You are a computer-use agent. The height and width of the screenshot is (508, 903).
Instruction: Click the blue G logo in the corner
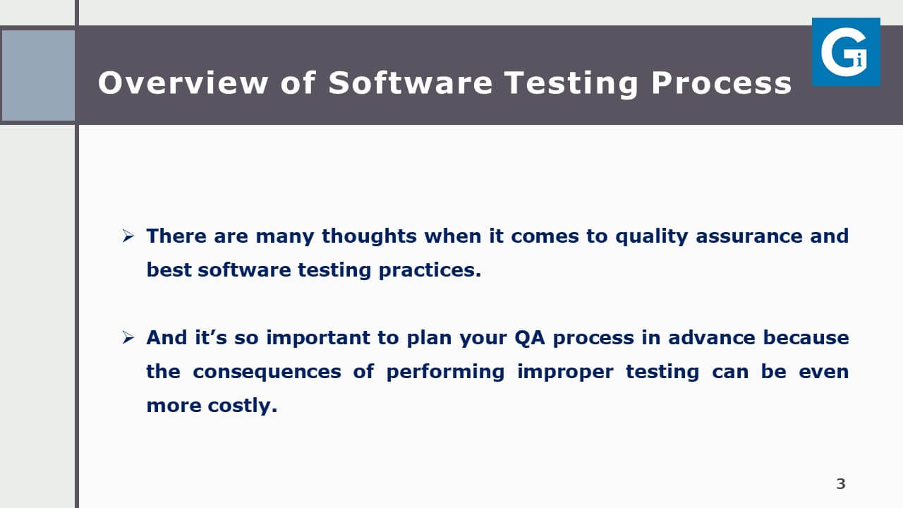pyautogui.click(x=846, y=52)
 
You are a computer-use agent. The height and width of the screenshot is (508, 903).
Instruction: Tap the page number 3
pyautogui.click(x=840, y=483)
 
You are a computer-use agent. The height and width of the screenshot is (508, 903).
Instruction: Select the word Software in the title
pyautogui.click(x=410, y=83)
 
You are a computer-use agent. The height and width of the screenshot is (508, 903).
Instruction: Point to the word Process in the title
pyautogui.click(x=721, y=83)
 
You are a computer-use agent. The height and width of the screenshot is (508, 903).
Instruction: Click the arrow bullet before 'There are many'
pyautogui.click(x=128, y=236)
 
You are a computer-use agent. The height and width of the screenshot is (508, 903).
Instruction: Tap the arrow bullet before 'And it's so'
pyautogui.click(x=128, y=337)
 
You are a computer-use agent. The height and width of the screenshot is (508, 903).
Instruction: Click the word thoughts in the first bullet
pyautogui.click(x=369, y=236)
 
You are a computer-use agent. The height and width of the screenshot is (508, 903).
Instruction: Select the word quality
pyautogui.click(x=651, y=236)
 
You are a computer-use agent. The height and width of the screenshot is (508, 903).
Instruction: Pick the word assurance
pyautogui.click(x=749, y=236)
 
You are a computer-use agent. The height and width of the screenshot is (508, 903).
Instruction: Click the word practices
pyautogui.click(x=430, y=270)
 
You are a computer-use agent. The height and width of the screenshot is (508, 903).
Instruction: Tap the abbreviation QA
pyautogui.click(x=530, y=338)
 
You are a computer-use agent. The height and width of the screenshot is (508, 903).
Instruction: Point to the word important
pyautogui.click(x=318, y=337)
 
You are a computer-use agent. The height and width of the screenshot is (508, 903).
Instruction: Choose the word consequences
pyautogui.click(x=267, y=372)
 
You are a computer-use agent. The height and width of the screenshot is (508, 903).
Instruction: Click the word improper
pyautogui.click(x=565, y=372)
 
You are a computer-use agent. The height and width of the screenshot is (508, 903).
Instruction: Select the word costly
pyautogui.click(x=242, y=406)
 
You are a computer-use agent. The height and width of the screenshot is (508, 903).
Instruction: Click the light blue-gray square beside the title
pyautogui.click(x=38, y=75)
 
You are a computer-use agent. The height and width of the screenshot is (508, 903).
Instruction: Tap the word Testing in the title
pyautogui.click(x=571, y=84)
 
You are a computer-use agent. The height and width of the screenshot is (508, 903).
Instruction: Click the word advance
pyautogui.click(x=712, y=337)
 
